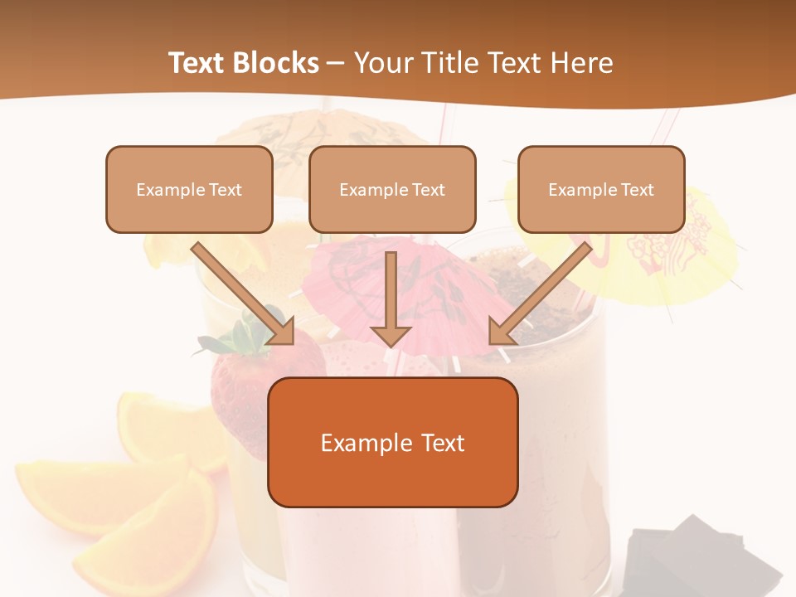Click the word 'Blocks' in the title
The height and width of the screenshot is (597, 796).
(279, 63)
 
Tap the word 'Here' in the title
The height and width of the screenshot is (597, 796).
(580, 63)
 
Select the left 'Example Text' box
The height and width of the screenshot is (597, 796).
(189, 190)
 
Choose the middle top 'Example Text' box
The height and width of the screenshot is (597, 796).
(392, 190)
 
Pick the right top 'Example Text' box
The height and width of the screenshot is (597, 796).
(601, 190)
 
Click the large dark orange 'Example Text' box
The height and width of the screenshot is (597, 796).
(393, 442)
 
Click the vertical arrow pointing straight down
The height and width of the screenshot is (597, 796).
(391, 298)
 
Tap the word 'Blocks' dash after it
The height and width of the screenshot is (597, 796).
(336, 64)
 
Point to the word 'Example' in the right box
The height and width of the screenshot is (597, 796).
(581, 190)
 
